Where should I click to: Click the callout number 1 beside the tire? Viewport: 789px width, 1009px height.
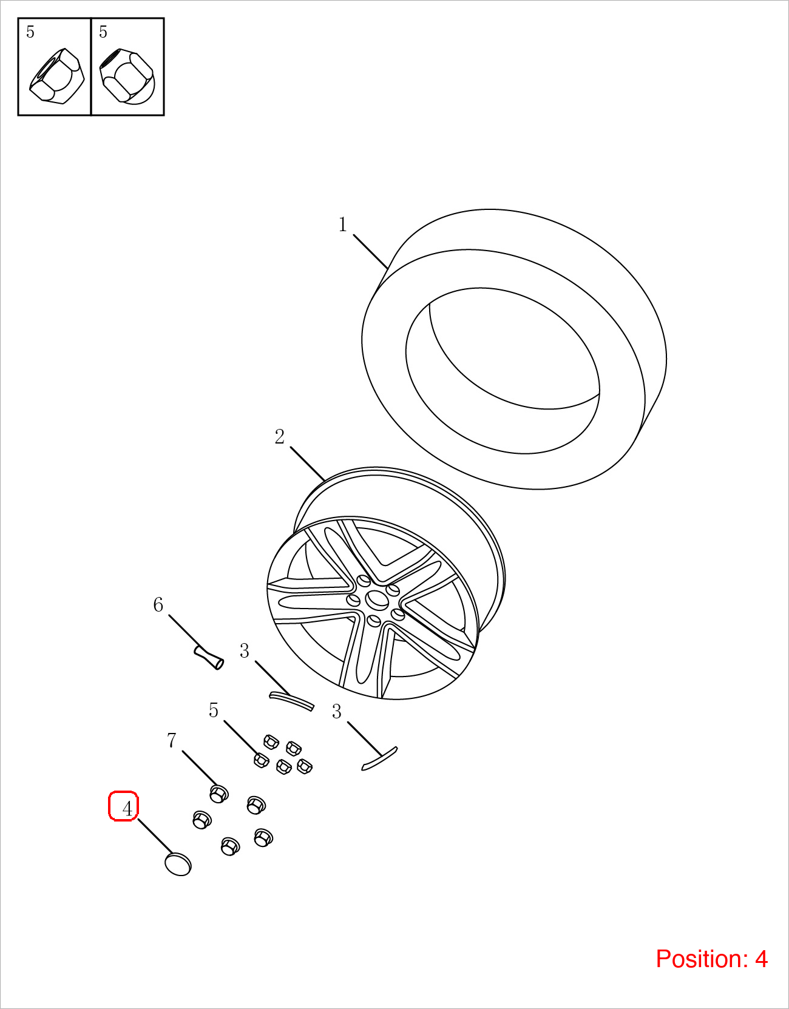coord(343,224)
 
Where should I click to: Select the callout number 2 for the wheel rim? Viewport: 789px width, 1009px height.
coord(279,437)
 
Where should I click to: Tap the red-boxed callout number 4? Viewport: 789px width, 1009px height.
coord(127,809)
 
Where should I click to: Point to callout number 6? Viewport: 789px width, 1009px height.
coord(158,605)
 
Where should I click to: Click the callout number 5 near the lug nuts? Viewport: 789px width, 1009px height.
coord(213,710)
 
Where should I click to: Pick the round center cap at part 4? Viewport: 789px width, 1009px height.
coord(178,864)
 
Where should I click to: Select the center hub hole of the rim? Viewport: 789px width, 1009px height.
coord(377,599)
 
